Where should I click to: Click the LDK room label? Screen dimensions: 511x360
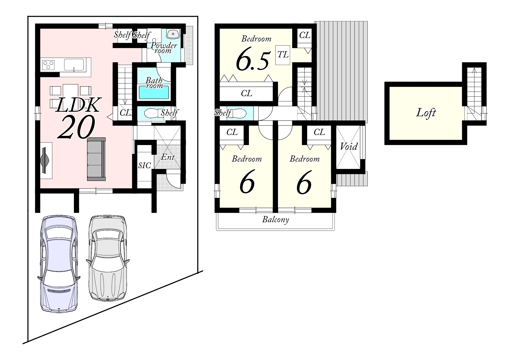pyautogui.click(x=78, y=105)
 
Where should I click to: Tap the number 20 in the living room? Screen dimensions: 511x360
pyautogui.click(x=76, y=127)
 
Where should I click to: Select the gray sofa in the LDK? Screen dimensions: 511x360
pyautogui.click(x=96, y=159)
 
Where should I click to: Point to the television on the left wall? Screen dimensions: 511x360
pyautogui.click(x=45, y=160)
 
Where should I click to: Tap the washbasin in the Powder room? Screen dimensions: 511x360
pyautogui.click(x=173, y=34)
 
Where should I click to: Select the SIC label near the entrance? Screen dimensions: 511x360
pyautogui.click(x=145, y=165)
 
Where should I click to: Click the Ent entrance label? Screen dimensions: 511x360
pyautogui.click(x=168, y=157)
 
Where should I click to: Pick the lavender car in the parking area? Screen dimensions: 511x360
pyautogui.click(x=59, y=264)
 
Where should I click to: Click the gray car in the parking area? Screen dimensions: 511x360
pyautogui.click(x=108, y=258)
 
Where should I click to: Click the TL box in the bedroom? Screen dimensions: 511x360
pyautogui.click(x=283, y=55)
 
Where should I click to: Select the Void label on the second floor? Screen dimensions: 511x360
pyautogui.click(x=349, y=146)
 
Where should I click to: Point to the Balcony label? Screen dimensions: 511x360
pyautogui.click(x=276, y=219)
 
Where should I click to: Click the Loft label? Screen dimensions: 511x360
pyautogui.click(x=426, y=113)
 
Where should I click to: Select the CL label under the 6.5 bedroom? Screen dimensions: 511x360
pyautogui.click(x=246, y=93)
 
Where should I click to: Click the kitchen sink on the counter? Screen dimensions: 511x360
pyautogui.click(x=74, y=65)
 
